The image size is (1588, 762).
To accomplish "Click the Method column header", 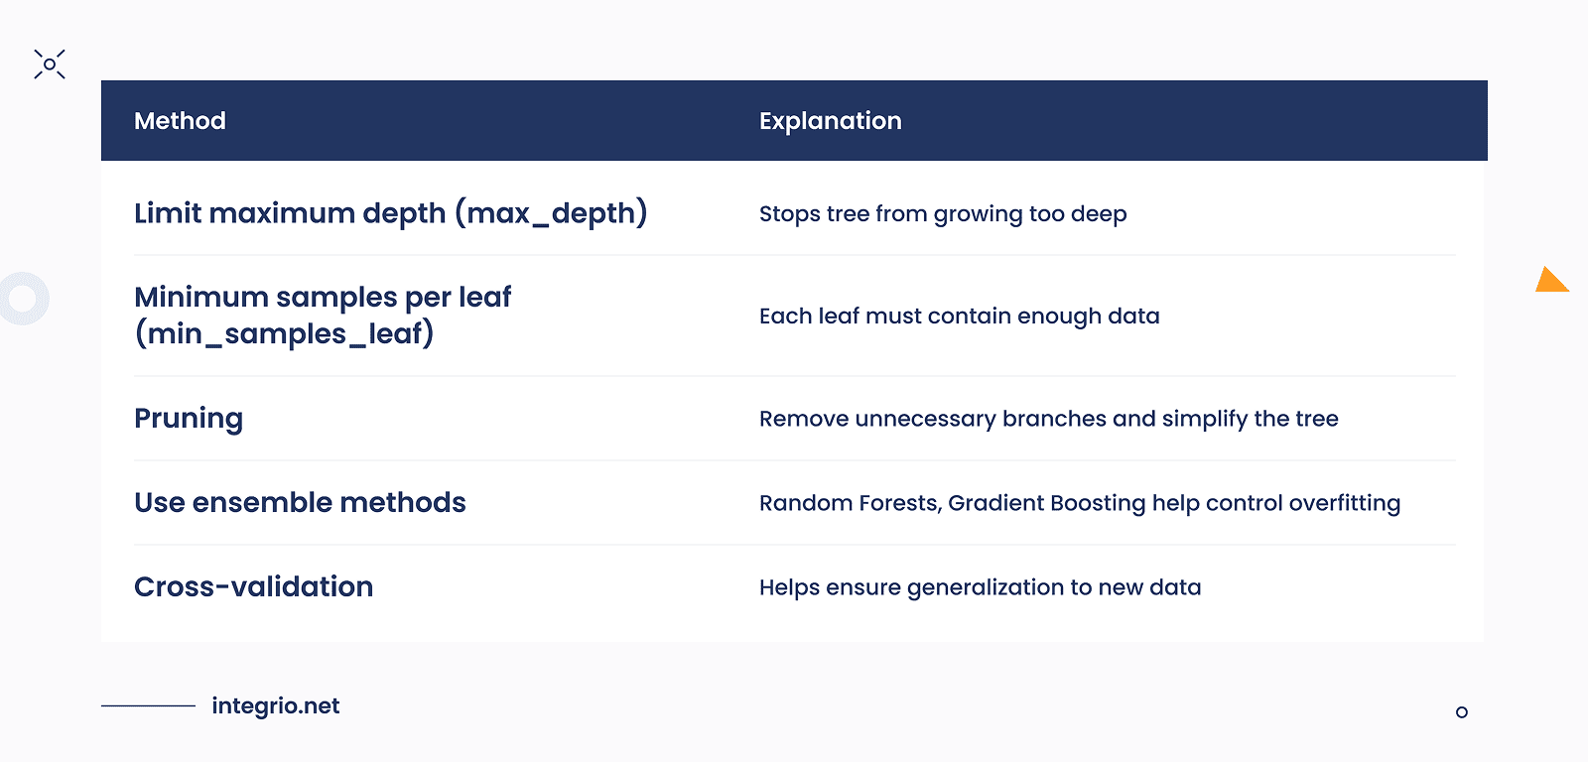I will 180,121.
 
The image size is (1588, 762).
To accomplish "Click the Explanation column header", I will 830,121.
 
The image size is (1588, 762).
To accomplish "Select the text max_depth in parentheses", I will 551,213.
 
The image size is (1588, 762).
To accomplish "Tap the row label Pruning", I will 189,419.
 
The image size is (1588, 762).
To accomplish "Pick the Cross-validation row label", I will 253,586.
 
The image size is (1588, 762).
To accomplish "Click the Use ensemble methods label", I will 300,502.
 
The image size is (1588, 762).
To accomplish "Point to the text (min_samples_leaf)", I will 284,333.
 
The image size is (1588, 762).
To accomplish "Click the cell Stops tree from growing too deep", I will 942,214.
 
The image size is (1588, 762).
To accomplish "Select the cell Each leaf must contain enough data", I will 959,317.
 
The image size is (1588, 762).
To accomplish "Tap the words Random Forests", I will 849,503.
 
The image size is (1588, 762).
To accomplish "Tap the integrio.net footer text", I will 275,705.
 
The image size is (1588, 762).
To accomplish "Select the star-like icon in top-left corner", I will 50,64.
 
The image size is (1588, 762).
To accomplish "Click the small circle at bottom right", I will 1461,712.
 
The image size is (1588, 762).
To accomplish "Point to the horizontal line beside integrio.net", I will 148,705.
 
